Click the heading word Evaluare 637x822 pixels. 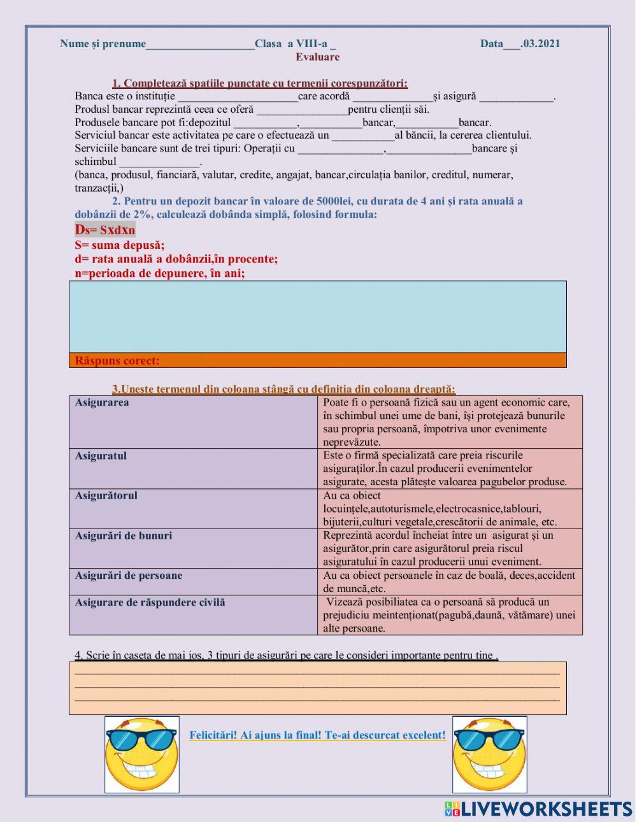(x=317, y=57)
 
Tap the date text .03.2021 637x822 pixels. (x=540, y=43)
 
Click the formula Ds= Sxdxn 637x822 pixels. (x=105, y=230)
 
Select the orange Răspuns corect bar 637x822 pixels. (x=317, y=360)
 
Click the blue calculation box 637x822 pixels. (x=317, y=316)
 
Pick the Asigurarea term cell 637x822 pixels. (x=193, y=422)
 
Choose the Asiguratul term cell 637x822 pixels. (x=193, y=469)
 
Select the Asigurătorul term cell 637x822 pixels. (x=193, y=509)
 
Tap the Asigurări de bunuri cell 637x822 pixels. (x=193, y=548)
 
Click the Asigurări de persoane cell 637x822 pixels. (x=193, y=582)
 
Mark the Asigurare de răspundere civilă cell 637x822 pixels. (x=193, y=615)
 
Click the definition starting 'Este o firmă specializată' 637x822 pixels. (x=450, y=469)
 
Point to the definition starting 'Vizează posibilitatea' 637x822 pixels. (x=450, y=615)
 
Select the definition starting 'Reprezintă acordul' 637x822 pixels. (x=450, y=548)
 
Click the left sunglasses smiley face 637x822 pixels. (x=142, y=754)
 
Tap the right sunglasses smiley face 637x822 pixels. (x=489, y=754)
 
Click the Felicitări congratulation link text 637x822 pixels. (x=317, y=735)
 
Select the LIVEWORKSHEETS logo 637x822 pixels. (x=538, y=809)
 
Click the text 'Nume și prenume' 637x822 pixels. (x=103, y=43)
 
